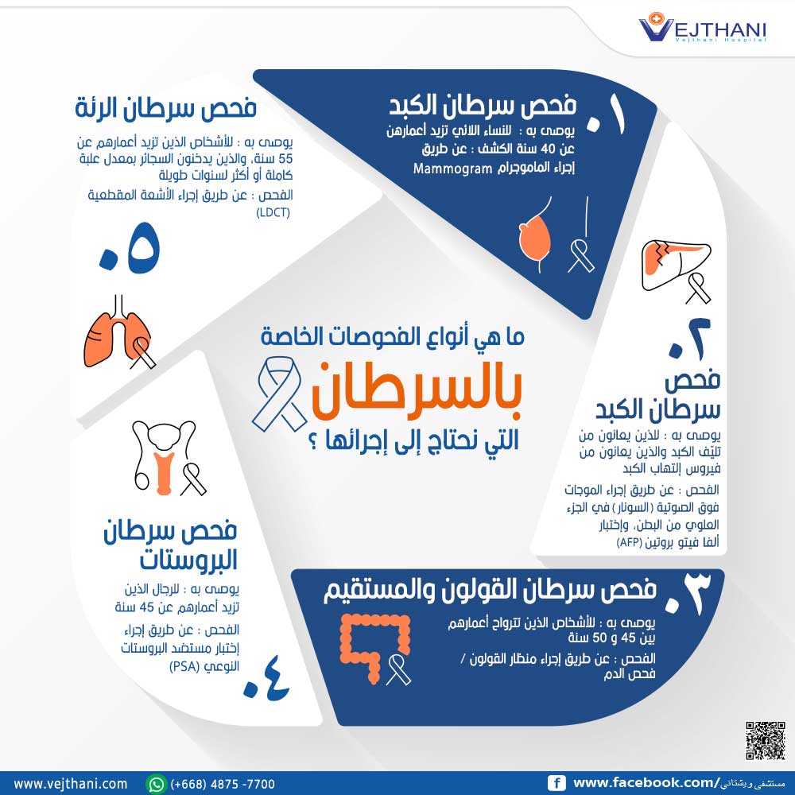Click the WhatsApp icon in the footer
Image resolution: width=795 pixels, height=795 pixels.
tap(157, 784)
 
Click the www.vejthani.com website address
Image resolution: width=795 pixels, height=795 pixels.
tap(71, 784)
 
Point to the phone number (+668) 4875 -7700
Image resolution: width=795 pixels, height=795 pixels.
tap(223, 784)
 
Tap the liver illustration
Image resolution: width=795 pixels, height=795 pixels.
tap(665, 260)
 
